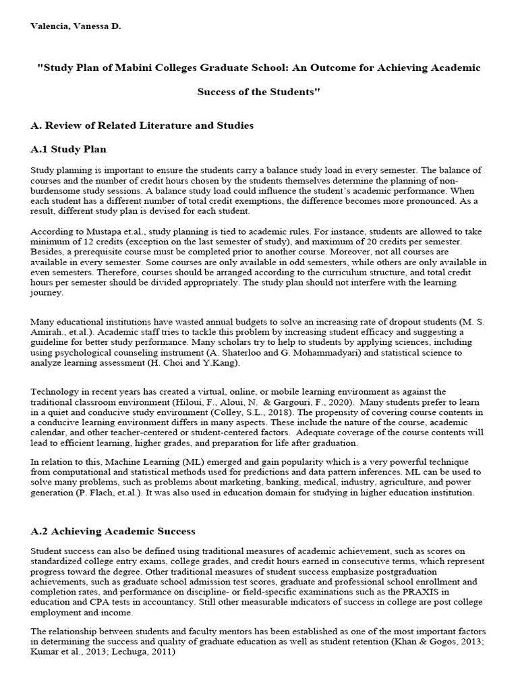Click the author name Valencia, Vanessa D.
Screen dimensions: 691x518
76,26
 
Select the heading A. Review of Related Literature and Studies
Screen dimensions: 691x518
142,126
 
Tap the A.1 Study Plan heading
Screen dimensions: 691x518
69,148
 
